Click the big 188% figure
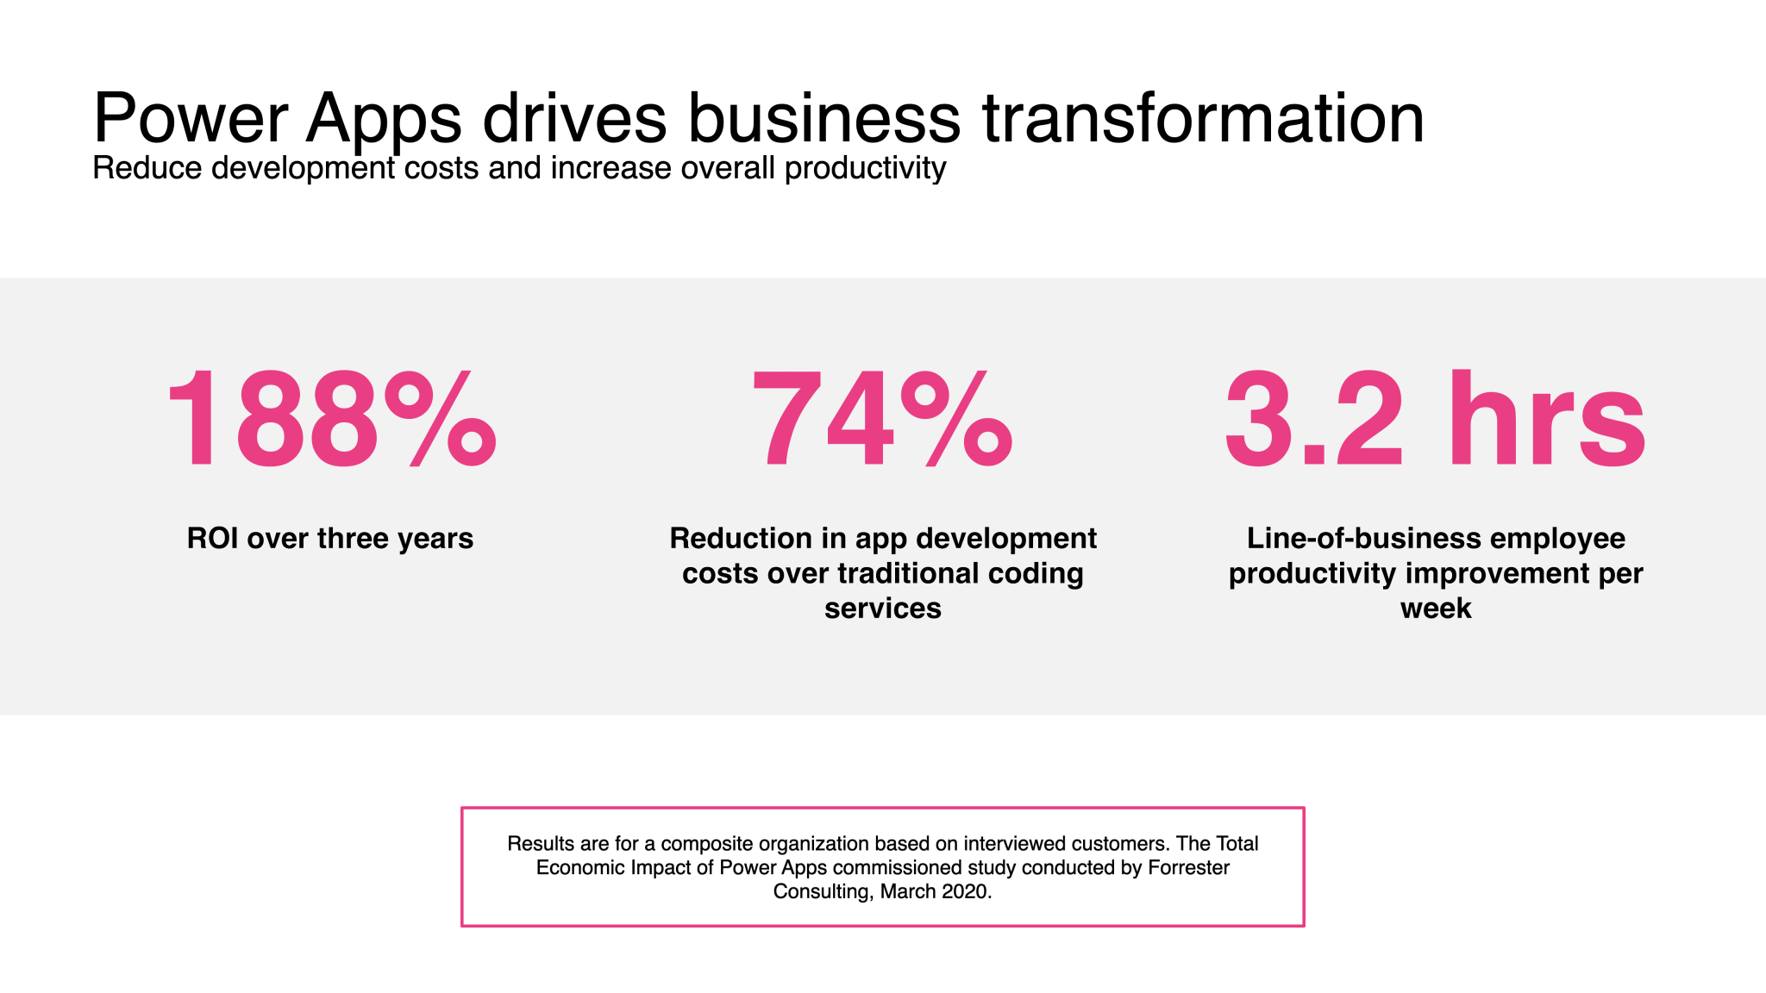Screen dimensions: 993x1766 click(x=331, y=420)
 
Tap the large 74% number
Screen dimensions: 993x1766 click(x=882, y=420)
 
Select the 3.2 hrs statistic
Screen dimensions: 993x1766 click(x=1435, y=420)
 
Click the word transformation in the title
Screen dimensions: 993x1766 click(x=1203, y=118)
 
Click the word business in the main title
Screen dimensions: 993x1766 click(x=824, y=118)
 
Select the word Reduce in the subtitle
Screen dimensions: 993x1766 click(x=147, y=168)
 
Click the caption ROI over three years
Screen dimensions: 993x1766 click(x=330, y=539)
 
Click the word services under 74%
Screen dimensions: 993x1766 click(x=882, y=609)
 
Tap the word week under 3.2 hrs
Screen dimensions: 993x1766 click(x=1435, y=609)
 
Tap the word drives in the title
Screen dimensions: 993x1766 click(x=574, y=118)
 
